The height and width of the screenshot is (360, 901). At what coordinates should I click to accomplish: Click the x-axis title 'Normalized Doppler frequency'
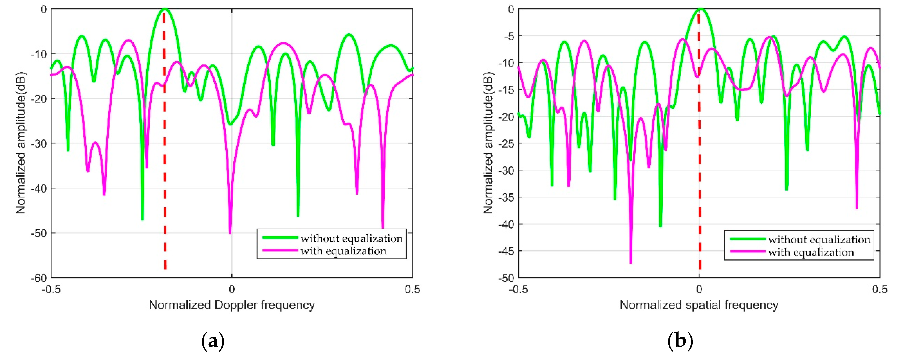tap(232, 305)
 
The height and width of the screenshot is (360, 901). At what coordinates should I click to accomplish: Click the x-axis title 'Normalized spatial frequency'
tap(699, 305)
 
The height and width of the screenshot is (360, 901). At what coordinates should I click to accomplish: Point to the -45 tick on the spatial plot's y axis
tap(506, 251)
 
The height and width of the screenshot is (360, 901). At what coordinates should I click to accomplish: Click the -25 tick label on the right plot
tap(506, 143)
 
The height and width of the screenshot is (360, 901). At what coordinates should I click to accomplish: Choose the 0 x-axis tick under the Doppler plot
tap(232, 290)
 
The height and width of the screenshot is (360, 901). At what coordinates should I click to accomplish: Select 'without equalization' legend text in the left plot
tap(352, 238)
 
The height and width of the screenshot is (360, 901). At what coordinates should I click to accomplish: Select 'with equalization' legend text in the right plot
tap(811, 252)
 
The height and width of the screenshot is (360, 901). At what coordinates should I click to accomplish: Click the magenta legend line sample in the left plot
tap(280, 250)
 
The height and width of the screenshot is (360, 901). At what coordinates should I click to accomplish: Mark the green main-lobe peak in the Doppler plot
tap(164, 9)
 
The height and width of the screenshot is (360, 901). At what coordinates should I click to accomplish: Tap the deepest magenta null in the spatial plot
tap(631, 262)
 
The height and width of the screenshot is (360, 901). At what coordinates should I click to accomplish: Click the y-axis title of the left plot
tap(21, 143)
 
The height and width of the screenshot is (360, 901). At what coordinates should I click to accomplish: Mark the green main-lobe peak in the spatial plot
tap(701, 9)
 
